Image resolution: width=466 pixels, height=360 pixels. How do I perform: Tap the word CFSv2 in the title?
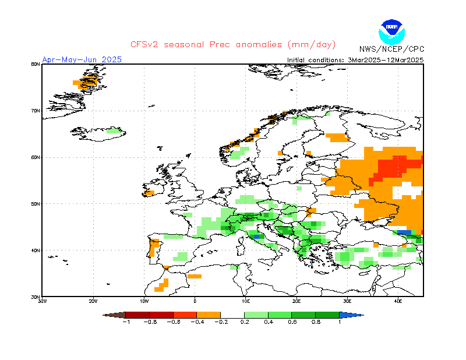coord(145,45)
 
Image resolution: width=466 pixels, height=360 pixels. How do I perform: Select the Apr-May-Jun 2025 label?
coord(82,59)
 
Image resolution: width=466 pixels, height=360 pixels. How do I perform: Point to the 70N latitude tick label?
coord(36,111)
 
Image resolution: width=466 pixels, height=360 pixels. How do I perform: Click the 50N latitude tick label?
coord(36,204)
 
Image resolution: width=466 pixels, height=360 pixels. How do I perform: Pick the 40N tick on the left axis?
coord(36,250)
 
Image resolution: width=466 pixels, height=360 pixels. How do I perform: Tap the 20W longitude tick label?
coord(93,301)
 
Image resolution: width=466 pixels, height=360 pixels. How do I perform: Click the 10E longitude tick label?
coord(246,301)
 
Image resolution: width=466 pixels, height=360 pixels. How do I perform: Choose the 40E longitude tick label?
coord(398,301)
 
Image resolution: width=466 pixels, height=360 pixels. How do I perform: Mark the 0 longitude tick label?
coord(195,301)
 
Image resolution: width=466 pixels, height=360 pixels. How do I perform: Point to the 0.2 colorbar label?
coord(244,322)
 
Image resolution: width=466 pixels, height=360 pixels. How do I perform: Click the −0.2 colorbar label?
coord(220,322)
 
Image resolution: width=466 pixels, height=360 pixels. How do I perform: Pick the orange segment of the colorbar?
coord(208,315)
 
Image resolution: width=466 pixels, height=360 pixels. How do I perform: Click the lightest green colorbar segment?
coord(256,315)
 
